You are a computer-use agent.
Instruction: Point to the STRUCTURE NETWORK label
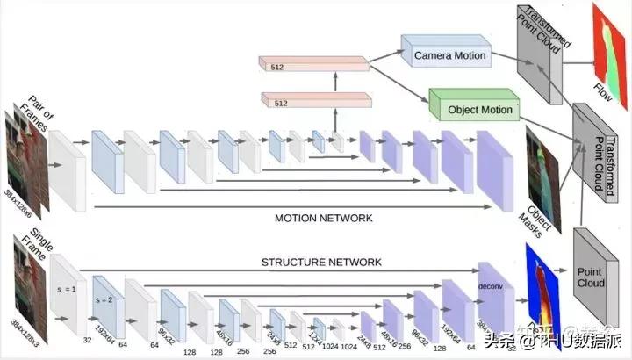(x=321, y=262)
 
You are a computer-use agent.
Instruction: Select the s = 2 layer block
(x=108, y=303)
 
